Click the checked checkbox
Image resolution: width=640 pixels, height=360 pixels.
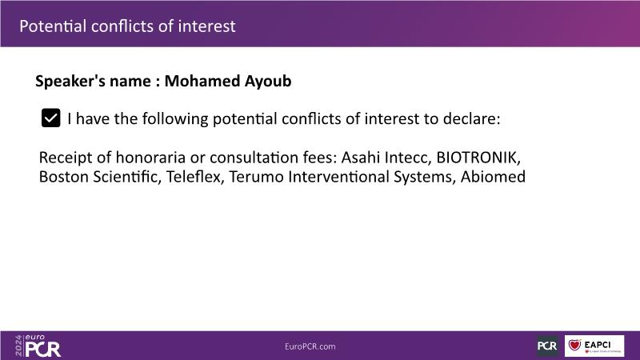tap(50, 118)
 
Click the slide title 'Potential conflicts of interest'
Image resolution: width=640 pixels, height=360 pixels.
tap(127, 26)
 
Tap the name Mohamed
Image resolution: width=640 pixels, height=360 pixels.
tap(202, 81)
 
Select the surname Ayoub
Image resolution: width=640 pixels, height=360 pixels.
tap(268, 82)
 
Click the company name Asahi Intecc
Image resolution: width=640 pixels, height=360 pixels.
tap(386, 158)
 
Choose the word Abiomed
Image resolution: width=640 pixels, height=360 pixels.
tap(493, 177)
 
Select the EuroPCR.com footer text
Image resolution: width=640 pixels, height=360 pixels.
tap(310, 346)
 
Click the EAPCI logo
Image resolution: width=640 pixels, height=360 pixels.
tap(594, 346)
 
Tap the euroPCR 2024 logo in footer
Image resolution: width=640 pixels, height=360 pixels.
tap(38, 346)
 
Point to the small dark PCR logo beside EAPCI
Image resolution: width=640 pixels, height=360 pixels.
tap(547, 346)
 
